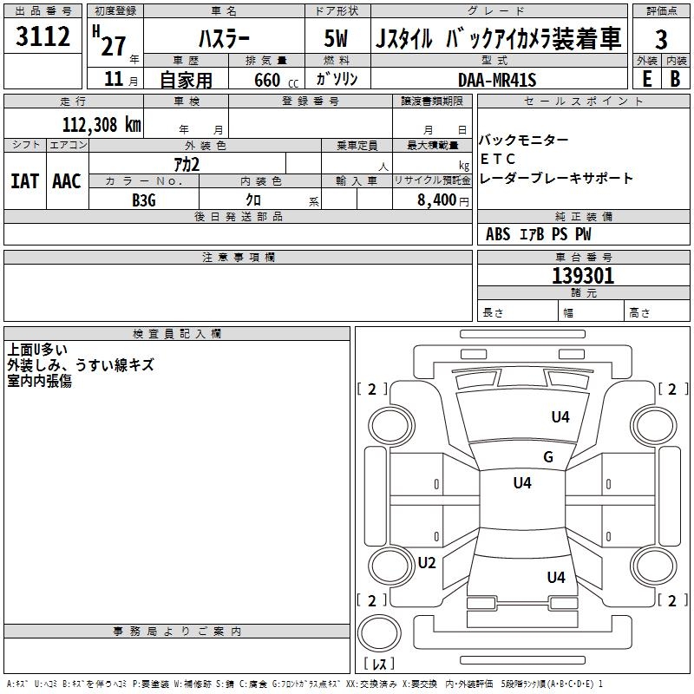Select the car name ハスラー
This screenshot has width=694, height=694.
(x=223, y=39)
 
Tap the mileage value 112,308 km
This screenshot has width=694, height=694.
(x=101, y=124)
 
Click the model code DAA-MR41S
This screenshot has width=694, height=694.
(x=497, y=80)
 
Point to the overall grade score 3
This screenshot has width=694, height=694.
(x=661, y=40)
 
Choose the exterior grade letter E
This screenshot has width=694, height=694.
(x=646, y=79)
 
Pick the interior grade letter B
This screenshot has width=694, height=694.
(x=675, y=79)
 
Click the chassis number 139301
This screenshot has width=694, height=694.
(x=583, y=276)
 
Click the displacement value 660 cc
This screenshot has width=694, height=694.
(x=262, y=80)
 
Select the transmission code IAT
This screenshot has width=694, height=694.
(x=24, y=181)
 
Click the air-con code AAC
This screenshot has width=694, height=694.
(x=67, y=181)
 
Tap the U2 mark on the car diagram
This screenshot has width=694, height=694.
(x=427, y=562)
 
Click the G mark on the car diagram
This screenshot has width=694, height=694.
(x=547, y=456)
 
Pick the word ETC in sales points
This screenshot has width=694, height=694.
(x=498, y=159)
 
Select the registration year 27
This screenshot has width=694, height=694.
(x=113, y=43)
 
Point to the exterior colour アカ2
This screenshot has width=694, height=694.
(x=186, y=163)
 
